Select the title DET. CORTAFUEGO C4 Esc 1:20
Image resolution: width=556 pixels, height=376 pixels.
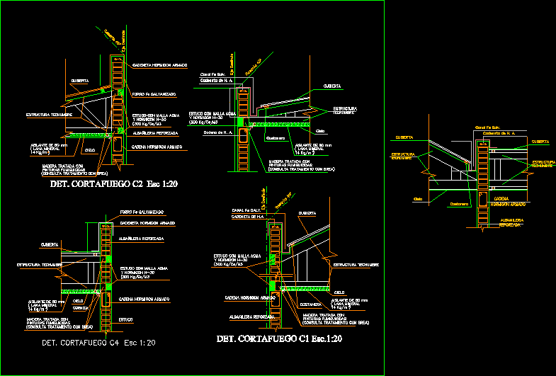(98, 343)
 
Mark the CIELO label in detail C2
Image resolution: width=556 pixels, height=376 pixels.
(90, 150)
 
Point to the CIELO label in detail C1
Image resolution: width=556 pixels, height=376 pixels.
(339, 291)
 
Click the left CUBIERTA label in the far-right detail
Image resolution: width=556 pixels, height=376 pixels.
(405, 137)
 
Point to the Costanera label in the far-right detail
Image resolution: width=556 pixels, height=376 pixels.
(459, 205)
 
